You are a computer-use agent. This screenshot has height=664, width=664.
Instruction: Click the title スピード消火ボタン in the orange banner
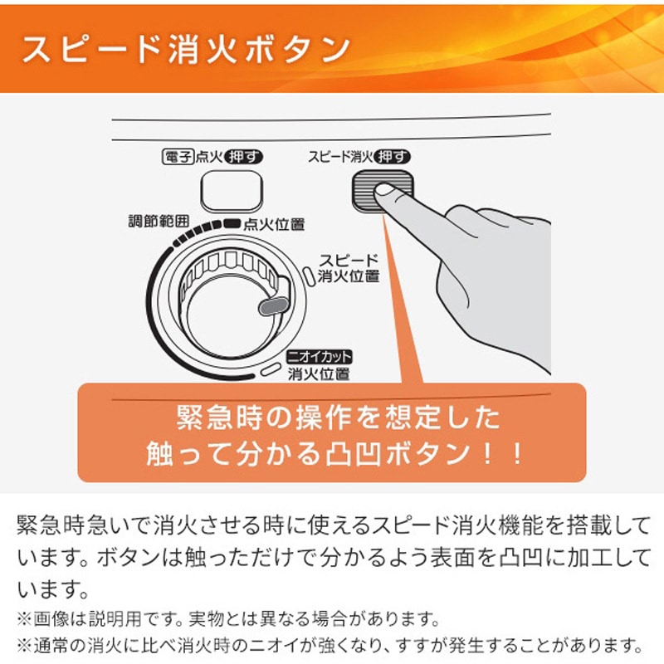pyautogui.click(x=185, y=49)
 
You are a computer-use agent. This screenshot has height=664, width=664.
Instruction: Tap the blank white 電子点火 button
pyautogui.click(x=232, y=192)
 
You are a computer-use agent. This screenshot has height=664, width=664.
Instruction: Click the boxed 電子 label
pyautogui.click(x=178, y=157)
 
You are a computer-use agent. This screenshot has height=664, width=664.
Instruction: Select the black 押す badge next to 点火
pyautogui.click(x=243, y=157)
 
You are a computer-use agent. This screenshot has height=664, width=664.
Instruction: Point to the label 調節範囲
pyautogui.click(x=159, y=221)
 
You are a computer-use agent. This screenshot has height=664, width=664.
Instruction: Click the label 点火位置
pyautogui.click(x=274, y=224)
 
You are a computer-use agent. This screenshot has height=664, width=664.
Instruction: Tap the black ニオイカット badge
pyautogui.click(x=320, y=357)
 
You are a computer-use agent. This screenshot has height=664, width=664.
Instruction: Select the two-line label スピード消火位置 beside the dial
pyautogui.click(x=348, y=268)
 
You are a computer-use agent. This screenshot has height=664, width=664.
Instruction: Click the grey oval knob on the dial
pyautogui.click(x=273, y=305)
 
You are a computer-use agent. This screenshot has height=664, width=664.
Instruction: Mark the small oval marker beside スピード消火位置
pyautogui.click(x=310, y=277)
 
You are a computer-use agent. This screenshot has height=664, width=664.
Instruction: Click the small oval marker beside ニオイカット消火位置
pyautogui.click(x=271, y=369)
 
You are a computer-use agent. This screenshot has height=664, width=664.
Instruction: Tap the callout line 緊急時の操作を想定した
pyautogui.click(x=338, y=417)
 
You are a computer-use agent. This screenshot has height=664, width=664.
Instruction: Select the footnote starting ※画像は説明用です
pyautogui.click(x=229, y=619)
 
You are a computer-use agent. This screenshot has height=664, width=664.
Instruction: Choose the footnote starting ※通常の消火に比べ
pyautogui.click(x=330, y=646)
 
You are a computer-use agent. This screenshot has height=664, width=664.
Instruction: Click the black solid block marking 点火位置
pyautogui.click(x=232, y=222)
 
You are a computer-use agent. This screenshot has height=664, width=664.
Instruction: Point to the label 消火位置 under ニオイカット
pyautogui.click(x=319, y=374)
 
